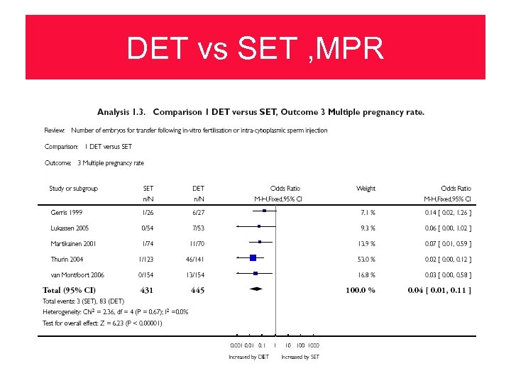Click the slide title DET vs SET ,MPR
coord(255,48)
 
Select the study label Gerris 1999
coord(67,212)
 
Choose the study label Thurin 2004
coord(67,259)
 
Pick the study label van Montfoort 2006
coord(77,274)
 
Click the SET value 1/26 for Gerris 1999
coord(148,212)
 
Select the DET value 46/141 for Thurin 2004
coord(198,259)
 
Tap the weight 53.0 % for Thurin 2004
coord(366,259)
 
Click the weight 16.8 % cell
coord(366,274)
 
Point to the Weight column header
coord(366,189)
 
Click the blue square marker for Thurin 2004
coord(253,258)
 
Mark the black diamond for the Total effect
coord(255,289)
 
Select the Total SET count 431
coord(147,290)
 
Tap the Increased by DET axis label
coord(248,357)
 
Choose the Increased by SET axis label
coord(300,357)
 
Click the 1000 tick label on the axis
coord(313,345)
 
